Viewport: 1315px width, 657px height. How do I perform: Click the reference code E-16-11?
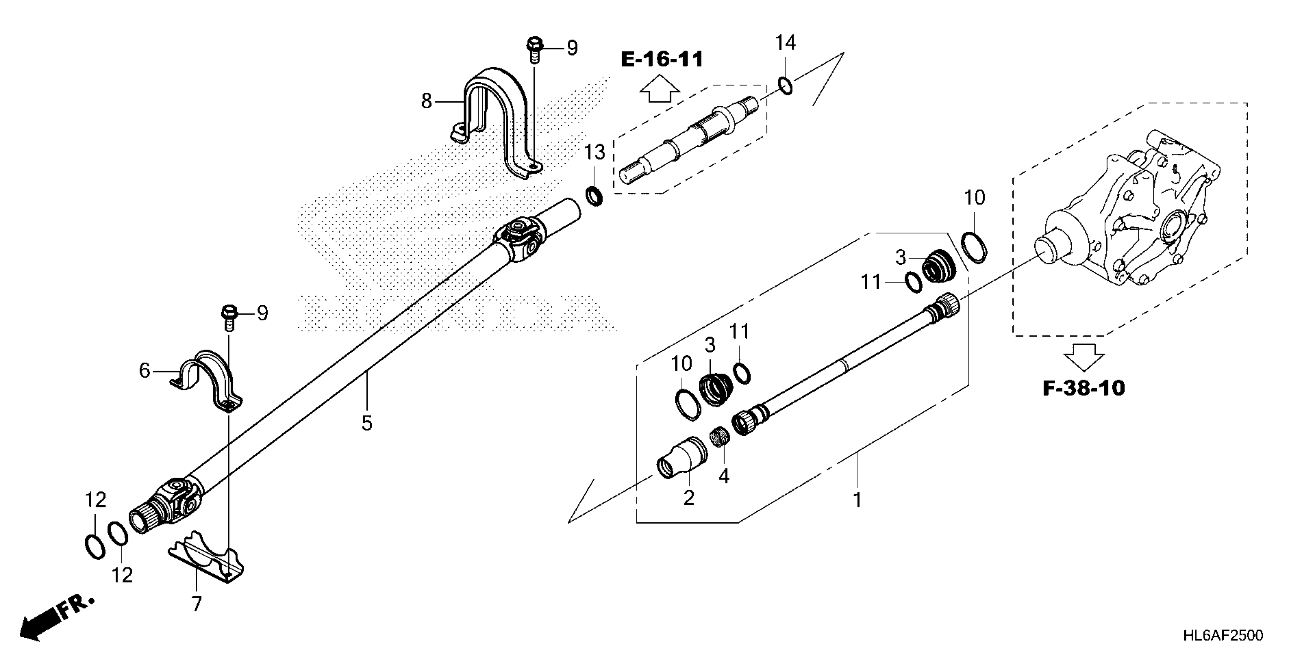pyautogui.click(x=662, y=60)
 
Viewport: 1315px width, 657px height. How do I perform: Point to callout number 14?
pyautogui.click(x=785, y=43)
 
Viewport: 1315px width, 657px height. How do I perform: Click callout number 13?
pyautogui.click(x=594, y=152)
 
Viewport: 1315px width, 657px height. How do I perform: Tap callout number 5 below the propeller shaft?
pyautogui.click(x=367, y=423)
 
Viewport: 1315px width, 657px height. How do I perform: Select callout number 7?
pyautogui.click(x=196, y=603)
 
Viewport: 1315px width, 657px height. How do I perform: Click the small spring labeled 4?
pyautogui.click(x=720, y=437)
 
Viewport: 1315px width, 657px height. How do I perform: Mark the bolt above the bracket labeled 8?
pyautogui.click(x=534, y=49)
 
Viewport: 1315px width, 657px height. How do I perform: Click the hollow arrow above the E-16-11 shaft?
pyautogui.click(x=659, y=89)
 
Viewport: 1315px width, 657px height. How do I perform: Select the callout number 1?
pyautogui.click(x=857, y=499)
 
